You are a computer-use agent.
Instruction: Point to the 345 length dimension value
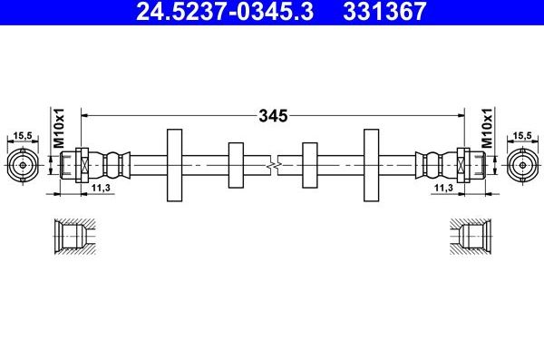tap(272, 115)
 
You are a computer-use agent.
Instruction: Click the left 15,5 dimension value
tap(24, 135)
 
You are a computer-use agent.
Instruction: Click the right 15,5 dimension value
tap(520, 135)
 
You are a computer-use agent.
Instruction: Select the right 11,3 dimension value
tap(443, 188)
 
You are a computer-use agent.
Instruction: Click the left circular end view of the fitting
tap(24, 166)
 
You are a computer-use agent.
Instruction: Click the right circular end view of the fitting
tap(520, 166)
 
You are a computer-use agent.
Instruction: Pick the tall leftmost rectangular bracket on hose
tap(174, 165)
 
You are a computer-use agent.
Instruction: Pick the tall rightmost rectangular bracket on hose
tap(370, 165)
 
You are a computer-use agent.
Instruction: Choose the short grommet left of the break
tap(236, 165)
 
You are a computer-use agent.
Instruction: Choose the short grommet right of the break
tap(308, 165)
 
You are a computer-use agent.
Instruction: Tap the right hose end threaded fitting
tap(469, 166)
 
